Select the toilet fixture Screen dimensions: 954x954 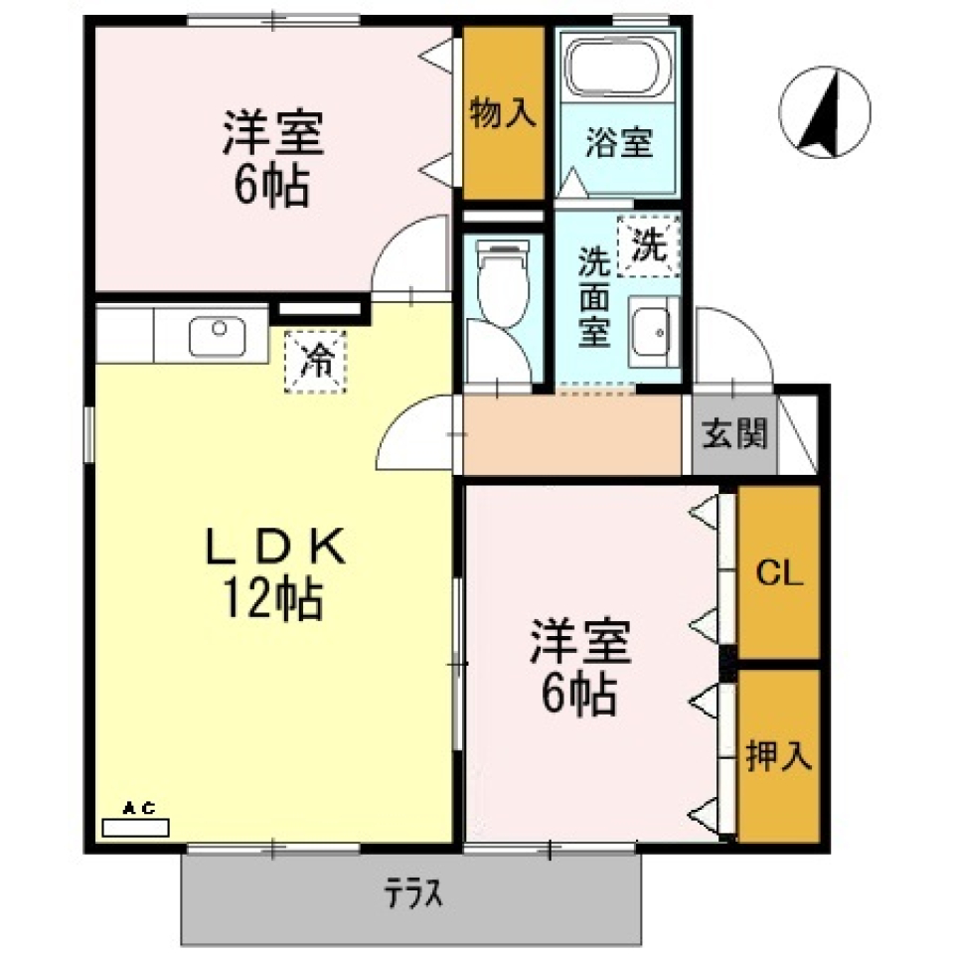pyautogui.click(x=501, y=282)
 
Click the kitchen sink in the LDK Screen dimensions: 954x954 pyautogui.click(x=218, y=335)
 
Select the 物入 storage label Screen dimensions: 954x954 pyautogui.click(x=503, y=113)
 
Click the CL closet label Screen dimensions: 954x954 pyautogui.click(x=779, y=573)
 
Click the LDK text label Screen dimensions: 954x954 pyautogui.click(x=274, y=548)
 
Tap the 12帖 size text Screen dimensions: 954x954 pyautogui.click(x=268, y=599)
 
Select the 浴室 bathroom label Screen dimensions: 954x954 pyautogui.click(x=618, y=144)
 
